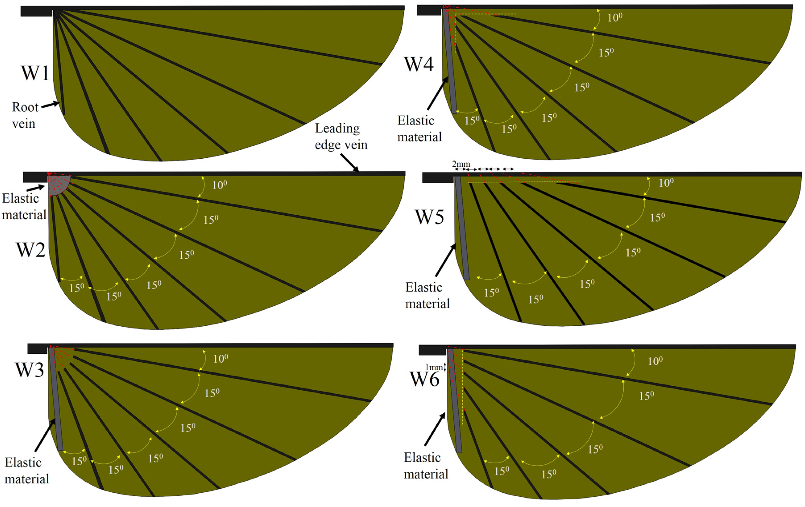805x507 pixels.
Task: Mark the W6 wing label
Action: coord(424,379)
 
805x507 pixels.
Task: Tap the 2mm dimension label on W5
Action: coord(461,164)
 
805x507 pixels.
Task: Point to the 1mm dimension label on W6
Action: coord(434,367)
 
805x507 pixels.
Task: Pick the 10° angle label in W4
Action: coord(615,17)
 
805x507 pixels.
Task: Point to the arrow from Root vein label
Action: coord(50,105)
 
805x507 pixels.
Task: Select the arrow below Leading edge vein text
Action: coord(349,163)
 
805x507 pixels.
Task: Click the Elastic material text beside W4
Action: coord(419,129)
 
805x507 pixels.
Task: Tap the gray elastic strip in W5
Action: coord(462,227)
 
